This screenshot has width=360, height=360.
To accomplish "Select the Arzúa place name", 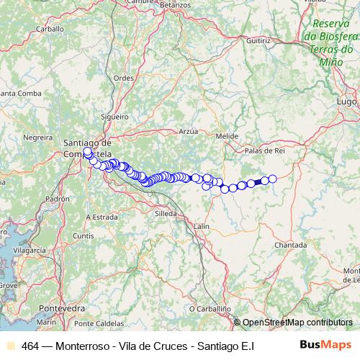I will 187,131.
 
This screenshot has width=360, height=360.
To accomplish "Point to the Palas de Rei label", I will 266,150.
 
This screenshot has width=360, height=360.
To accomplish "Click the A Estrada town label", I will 102,216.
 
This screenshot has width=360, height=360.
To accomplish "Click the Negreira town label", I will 38,137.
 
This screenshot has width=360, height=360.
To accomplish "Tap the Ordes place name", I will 124,78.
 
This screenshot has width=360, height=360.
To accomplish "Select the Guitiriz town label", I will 257,42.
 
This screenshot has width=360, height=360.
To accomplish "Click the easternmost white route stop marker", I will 273,179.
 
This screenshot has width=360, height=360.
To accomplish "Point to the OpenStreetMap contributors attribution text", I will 297,323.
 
